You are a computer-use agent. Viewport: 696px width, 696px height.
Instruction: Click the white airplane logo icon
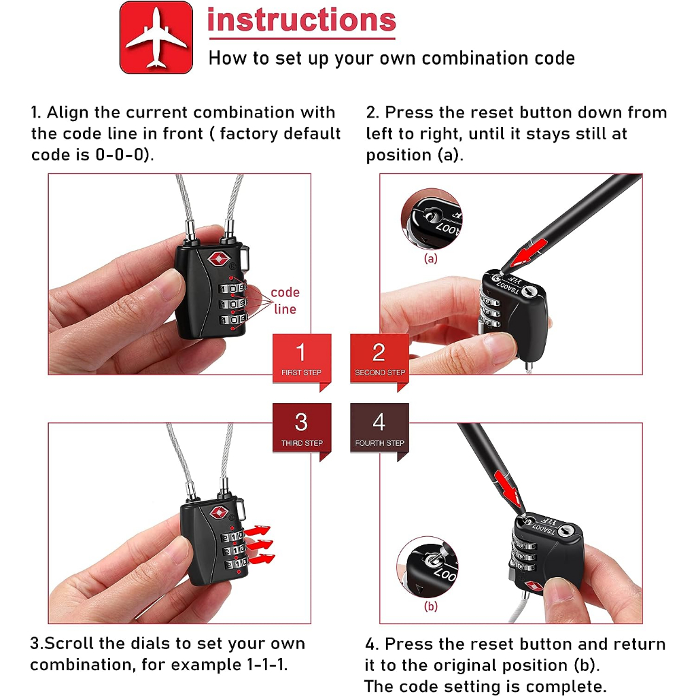pos(156,38)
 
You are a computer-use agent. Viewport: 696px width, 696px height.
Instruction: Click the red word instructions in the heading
pos(302,20)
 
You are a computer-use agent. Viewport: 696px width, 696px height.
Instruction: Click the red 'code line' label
pos(285,300)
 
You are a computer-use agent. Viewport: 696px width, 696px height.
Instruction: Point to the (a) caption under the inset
pos(430,258)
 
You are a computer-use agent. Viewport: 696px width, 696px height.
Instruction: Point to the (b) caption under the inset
pos(430,606)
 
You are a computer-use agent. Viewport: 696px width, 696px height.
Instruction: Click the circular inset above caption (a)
pos(431,219)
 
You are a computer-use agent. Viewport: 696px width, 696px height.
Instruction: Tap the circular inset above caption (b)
pos(427,567)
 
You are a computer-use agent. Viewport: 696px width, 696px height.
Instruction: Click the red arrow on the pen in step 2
pos(527,253)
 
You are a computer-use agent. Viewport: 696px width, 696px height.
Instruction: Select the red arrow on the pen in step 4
pos(507,488)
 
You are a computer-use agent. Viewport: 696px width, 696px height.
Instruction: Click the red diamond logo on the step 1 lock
pos(219,259)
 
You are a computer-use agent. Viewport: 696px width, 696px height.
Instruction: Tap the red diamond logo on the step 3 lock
pos(218,512)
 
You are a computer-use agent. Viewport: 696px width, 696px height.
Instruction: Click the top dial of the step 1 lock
pos(231,288)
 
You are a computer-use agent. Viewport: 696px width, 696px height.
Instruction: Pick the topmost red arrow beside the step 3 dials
pos(257,530)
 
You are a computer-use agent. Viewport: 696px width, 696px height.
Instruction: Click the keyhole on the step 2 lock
pos(527,292)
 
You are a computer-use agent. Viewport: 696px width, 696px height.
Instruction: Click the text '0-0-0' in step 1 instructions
pos(122,154)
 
